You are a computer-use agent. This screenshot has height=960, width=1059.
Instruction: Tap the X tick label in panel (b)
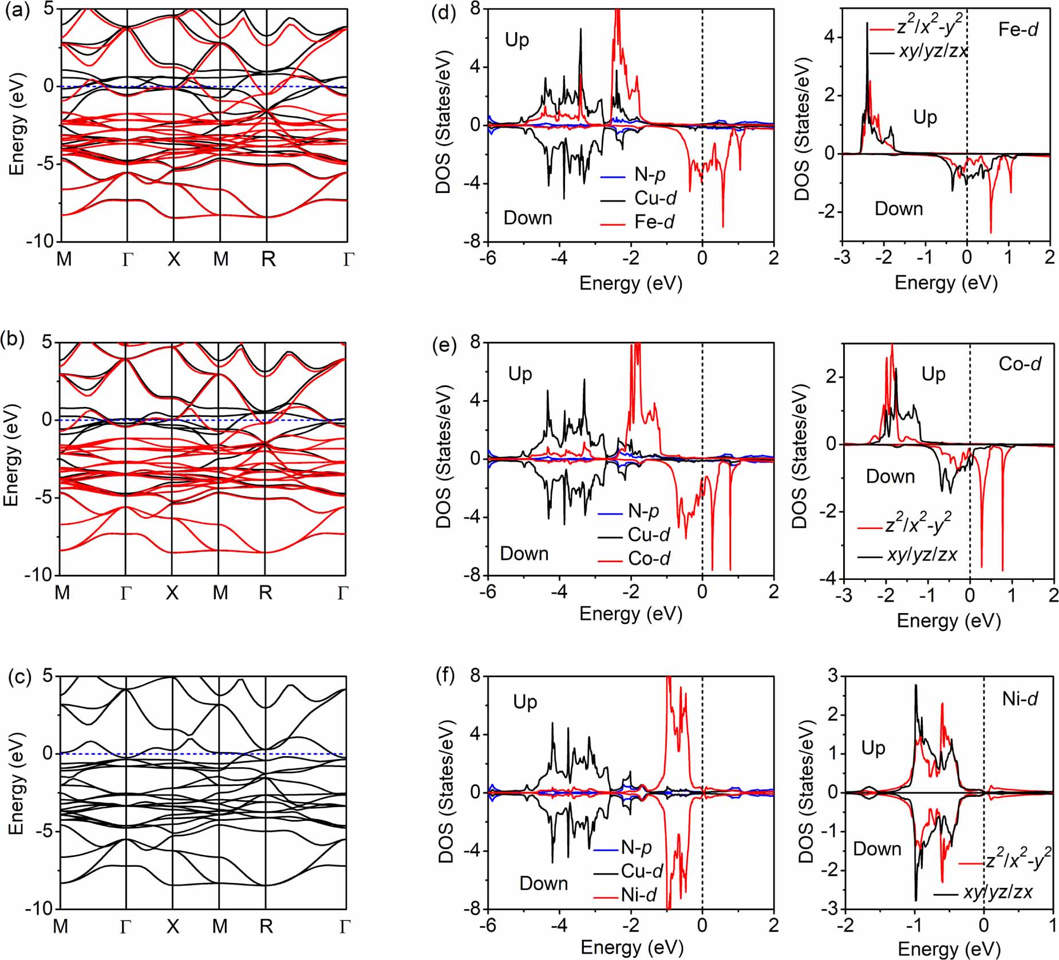click(172, 592)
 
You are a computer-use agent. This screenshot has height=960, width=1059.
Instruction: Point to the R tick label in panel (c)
click(266, 926)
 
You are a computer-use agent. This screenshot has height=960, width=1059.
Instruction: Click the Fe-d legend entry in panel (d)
click(637, 222)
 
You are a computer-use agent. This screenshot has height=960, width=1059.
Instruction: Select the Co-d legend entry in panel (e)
click(633, 558)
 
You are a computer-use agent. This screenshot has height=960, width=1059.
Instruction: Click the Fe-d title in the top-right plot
click(1018, 29)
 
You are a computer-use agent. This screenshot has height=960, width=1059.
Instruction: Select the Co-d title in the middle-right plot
click(1020, 364)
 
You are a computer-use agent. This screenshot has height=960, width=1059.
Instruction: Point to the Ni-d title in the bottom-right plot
click(1020, 698)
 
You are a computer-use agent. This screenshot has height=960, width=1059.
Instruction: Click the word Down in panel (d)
click(527, 218)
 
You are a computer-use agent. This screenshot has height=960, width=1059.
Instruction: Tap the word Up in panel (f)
click(525, 702)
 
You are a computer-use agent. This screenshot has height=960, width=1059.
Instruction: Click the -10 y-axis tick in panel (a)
click(40, 241)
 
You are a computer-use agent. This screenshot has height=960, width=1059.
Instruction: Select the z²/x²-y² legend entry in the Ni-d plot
click(1004, 860)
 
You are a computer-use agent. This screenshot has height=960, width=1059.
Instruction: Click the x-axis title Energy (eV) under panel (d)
click(631, 283)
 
